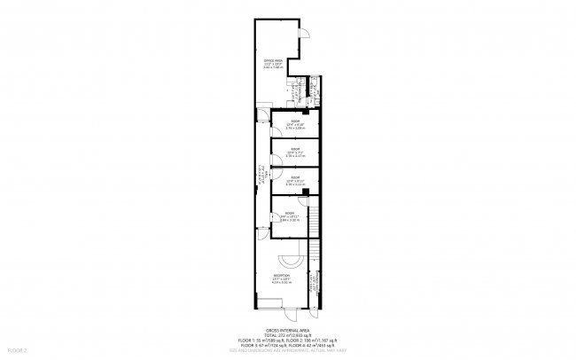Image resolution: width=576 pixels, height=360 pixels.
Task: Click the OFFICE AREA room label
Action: [273, 62]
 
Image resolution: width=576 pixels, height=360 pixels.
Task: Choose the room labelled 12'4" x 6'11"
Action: [295, 180]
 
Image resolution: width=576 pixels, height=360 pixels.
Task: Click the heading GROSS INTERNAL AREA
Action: [288, 329]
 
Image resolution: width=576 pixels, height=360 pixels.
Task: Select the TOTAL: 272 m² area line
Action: [288, 334]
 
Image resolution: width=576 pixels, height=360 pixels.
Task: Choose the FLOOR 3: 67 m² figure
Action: [258, 345]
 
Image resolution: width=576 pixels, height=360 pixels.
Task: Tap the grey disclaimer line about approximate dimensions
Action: [288, 350]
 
